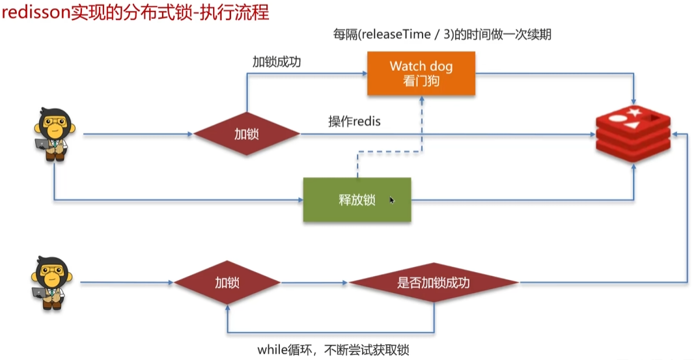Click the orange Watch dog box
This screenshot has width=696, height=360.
pos(421,74)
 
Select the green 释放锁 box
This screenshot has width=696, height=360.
pos(357,200)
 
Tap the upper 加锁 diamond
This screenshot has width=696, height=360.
pos(247,134)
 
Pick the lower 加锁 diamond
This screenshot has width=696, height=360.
pos(227,283)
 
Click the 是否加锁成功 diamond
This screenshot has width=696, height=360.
pos(434,283)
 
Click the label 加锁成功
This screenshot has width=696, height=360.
pos(277,62)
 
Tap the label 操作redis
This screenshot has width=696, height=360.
pos(354,121)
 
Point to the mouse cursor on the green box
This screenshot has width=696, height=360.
pos(392,201)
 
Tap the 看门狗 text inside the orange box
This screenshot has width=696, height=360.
pos(421,81)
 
